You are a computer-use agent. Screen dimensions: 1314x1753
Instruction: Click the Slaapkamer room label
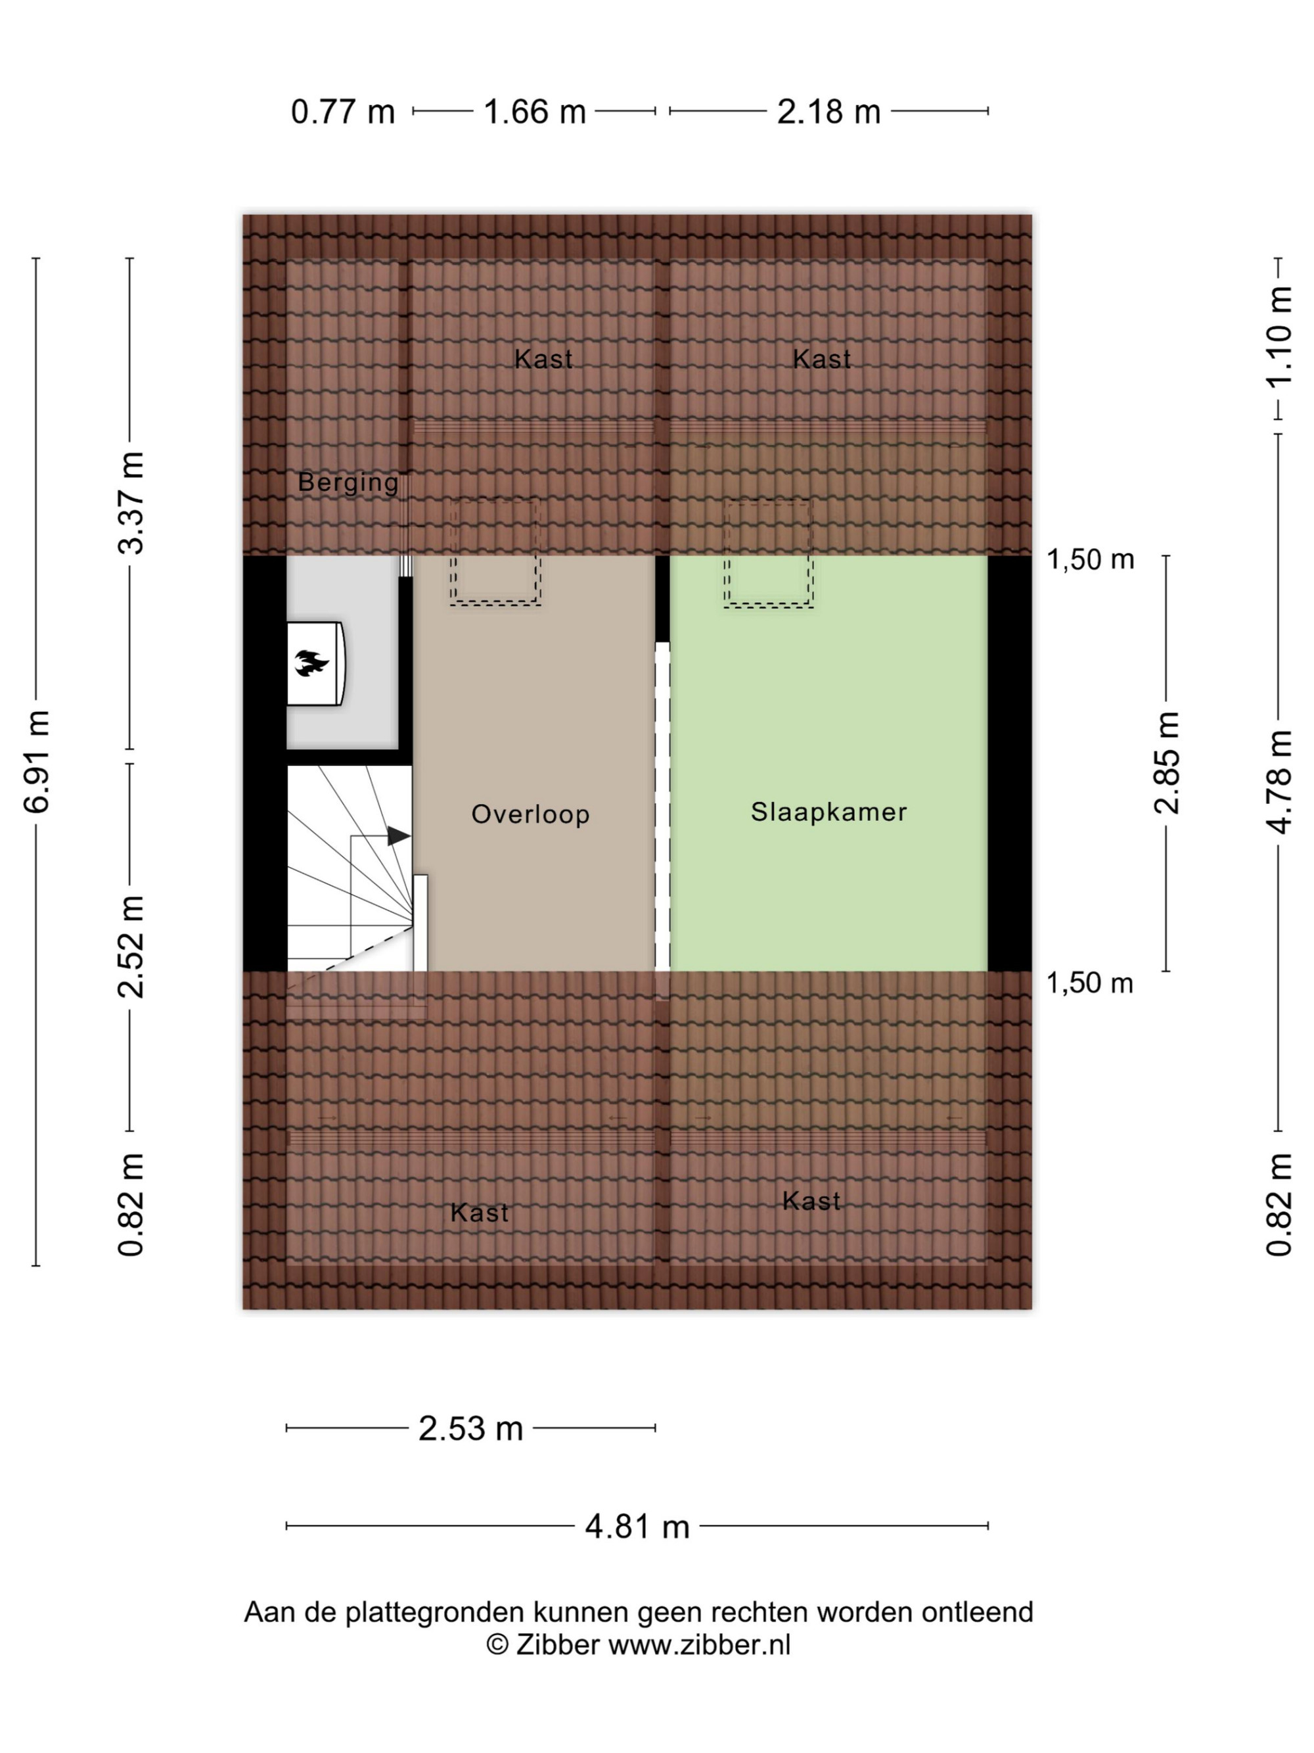point(828,812)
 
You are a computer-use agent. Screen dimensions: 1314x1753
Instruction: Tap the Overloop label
point(530,814)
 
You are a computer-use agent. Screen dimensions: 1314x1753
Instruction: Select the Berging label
point(348,482)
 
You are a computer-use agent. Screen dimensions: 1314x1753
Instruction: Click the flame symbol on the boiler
point(312,663)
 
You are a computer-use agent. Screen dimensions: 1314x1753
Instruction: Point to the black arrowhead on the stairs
point(398,836)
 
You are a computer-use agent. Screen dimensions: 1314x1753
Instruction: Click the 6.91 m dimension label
point(37,762)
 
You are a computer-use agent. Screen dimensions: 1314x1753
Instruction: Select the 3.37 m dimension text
point(131,503)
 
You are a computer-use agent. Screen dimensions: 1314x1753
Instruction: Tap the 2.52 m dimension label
point(131,947)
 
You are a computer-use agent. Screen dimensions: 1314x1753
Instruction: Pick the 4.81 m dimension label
point(637,1526)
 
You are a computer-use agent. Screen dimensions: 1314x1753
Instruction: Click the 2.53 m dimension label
point(470,1429)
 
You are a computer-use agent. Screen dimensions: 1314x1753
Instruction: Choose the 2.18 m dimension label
point(828,112)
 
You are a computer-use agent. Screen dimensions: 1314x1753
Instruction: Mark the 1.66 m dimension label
point(535,112)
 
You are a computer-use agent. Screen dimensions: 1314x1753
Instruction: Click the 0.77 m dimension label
point(342,112)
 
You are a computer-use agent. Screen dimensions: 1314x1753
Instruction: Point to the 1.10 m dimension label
point(1279,336)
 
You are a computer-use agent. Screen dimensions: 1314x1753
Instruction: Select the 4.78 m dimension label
point(1279,782)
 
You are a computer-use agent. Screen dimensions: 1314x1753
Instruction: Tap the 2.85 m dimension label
point(1167,762)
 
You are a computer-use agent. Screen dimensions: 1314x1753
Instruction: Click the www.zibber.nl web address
point(699,1645)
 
